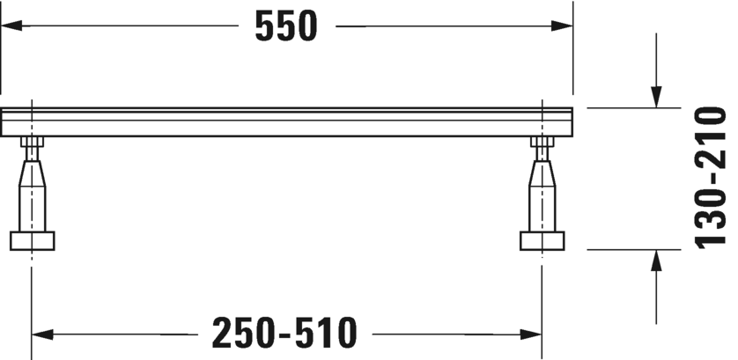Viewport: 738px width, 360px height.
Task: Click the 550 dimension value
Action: (286, 26)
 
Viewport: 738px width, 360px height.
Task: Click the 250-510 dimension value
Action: (284, 333)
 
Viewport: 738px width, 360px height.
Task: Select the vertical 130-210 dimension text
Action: (711, 178)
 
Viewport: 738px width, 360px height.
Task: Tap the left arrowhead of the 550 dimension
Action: (11, 26)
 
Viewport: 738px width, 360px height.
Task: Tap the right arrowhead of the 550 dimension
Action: (562, 26)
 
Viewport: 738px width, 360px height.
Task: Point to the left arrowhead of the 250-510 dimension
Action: (42, 334)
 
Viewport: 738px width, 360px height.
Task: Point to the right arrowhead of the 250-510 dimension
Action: (531, 334)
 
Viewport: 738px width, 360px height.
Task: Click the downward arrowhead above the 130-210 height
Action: (656, 97)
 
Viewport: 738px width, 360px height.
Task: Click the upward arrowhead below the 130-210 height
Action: (656, 261)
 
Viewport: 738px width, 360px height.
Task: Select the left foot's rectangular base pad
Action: (32, 241)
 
